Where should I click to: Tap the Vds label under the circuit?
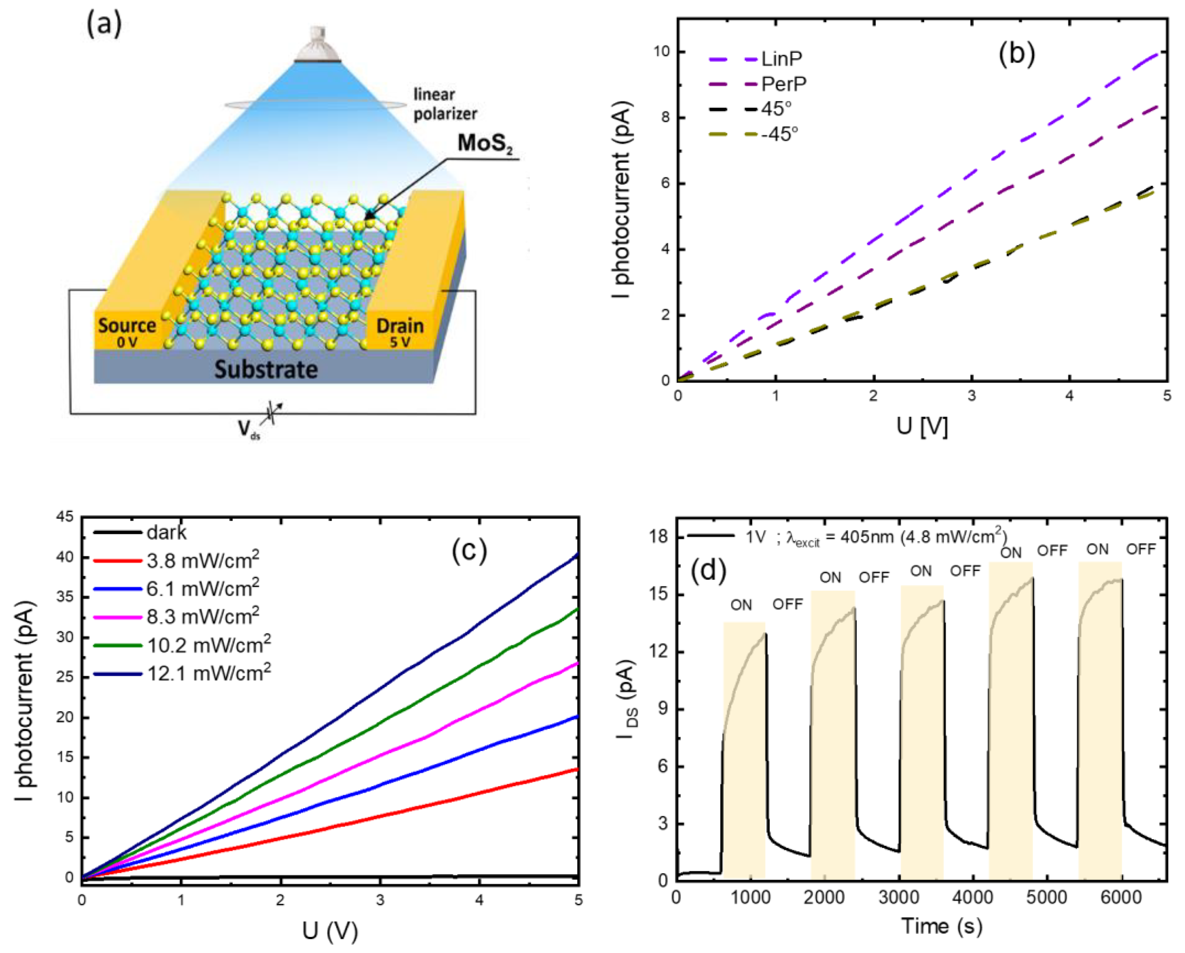coord(249,430)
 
